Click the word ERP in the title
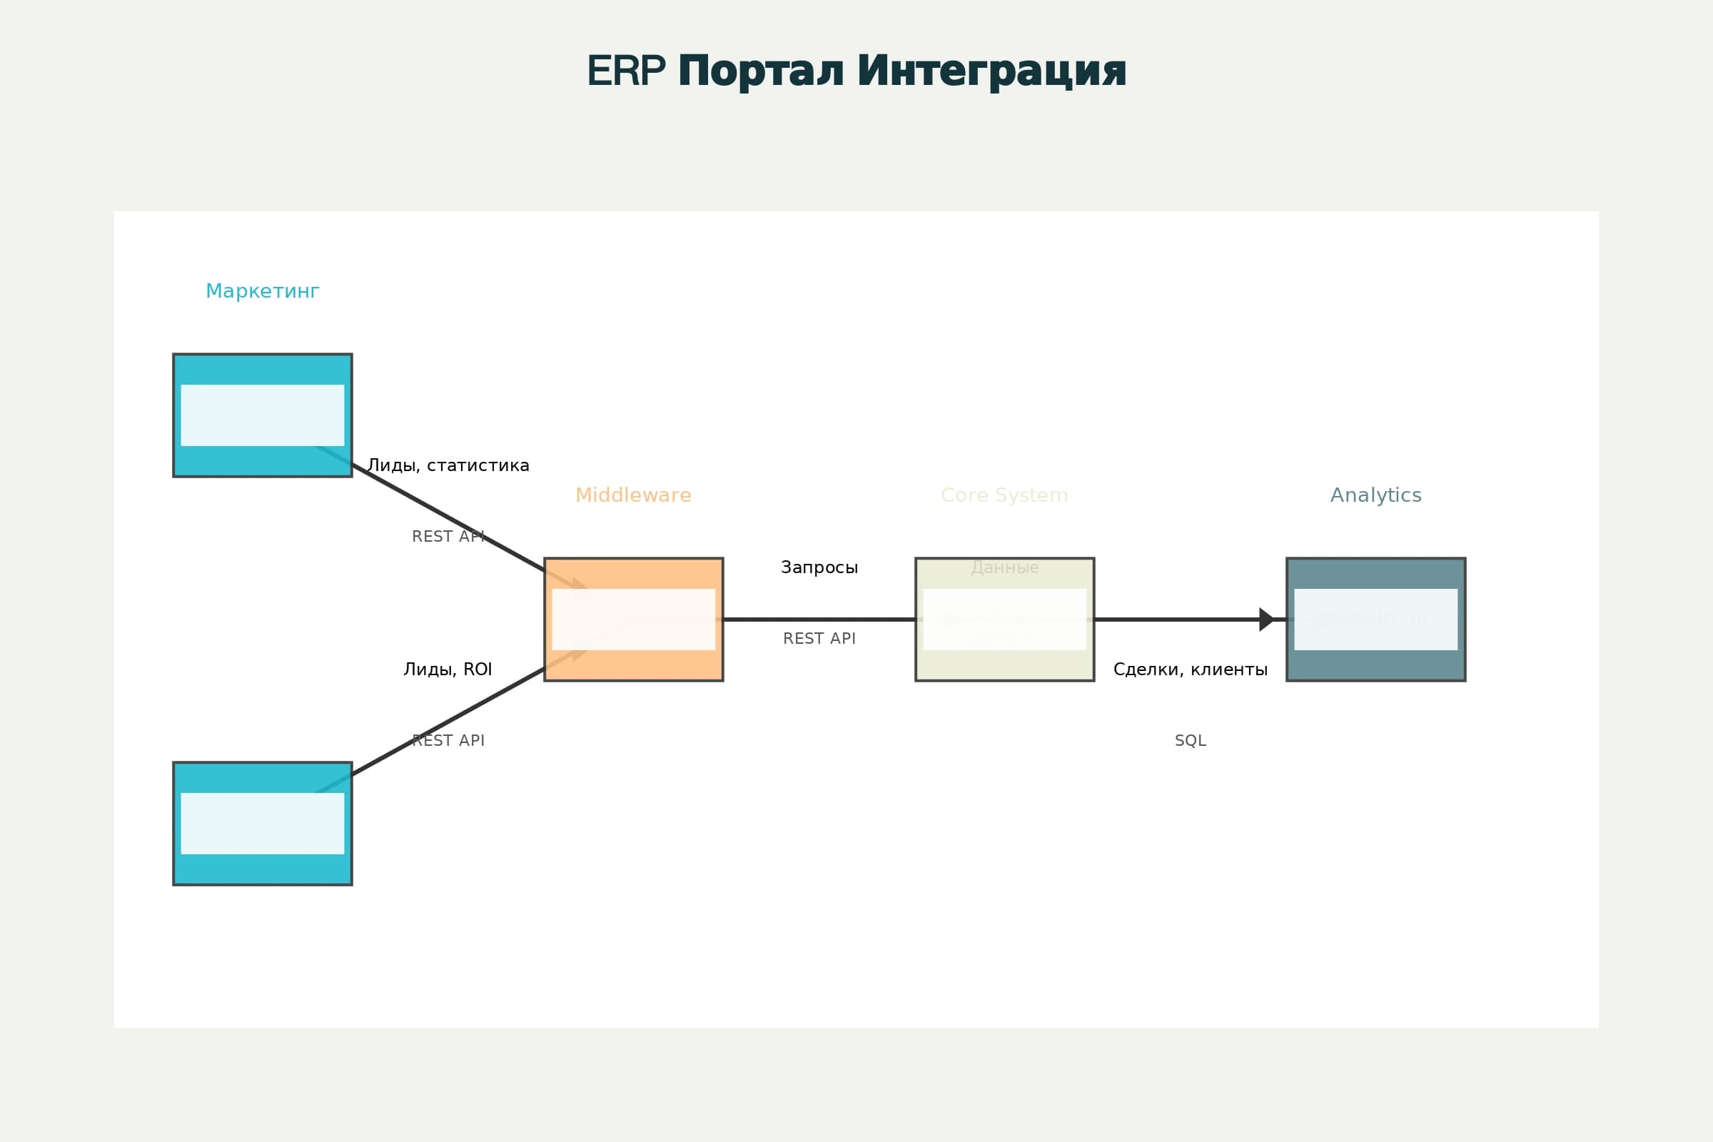point(626,71)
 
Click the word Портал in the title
point(760,71)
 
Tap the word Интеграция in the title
point(991,71)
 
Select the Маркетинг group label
point(262,291)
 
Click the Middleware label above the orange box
point(633,495)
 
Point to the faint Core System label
point(1004,495)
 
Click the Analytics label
point(1376,495)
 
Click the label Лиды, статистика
point(448,465)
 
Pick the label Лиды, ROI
point(448,669)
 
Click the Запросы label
point(819,567)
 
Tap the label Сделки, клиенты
point(1190,669)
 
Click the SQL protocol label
point(1190,741)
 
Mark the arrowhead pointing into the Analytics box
point(1266,619)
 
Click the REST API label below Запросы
point(819,639)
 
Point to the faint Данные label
point(1004,567)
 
